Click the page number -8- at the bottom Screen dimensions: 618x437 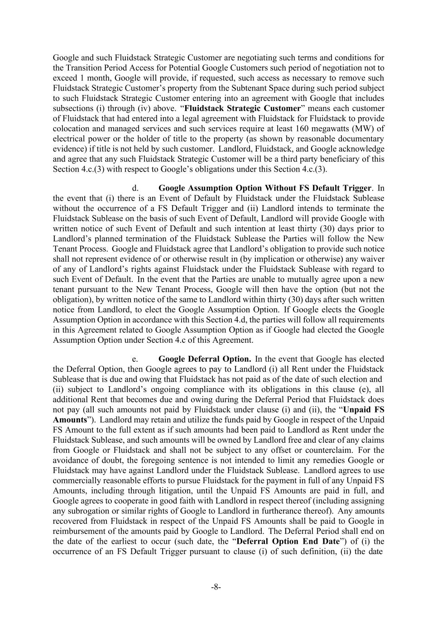click(216, 587)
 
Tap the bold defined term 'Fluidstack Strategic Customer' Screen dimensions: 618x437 click(243, 109)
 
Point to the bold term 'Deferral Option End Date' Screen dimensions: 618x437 click(288, 541)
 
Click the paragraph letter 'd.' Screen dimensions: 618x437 click(135, 188)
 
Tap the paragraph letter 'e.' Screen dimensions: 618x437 click(135, 359)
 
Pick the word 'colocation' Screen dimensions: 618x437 click(71, 129)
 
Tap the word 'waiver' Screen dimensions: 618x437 click(372, 259)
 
